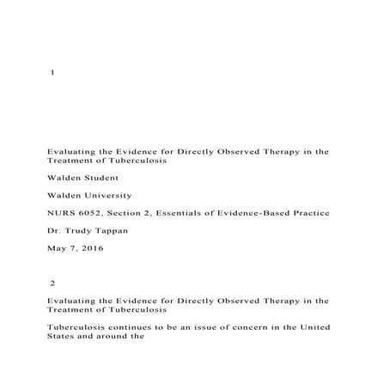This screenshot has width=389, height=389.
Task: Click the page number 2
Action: click(x=53, y=283)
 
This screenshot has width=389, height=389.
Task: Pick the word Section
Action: click(x=132, y=212)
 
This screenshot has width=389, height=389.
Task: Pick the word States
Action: click(x=62, y=337)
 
